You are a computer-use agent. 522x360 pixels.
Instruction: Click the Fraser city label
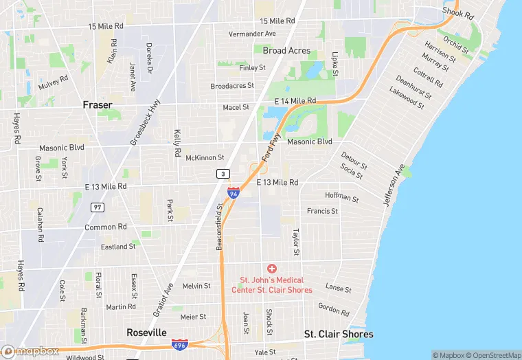tap(97, 104)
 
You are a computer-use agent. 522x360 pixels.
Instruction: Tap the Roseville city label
tap(146, 333)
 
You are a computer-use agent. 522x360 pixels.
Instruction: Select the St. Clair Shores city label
tap(339, 335)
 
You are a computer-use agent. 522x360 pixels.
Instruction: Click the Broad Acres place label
tap(286, 51)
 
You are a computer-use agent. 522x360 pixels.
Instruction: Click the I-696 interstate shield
tap(180, 344)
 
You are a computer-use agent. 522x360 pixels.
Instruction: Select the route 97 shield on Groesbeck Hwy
tap(98, 207)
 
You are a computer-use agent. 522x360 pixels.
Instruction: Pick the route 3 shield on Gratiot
tap(223, 174)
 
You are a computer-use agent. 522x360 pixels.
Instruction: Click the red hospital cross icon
tap(272, 268)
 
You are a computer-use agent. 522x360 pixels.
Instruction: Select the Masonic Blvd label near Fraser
tap(61, 147)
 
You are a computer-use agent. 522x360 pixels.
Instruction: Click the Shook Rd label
tap(458, 13)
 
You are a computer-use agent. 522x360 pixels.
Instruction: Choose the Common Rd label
tap(106, 227)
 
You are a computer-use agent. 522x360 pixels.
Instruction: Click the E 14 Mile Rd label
tap(295, 101)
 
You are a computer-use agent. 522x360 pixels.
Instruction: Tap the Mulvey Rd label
tap(54, 83)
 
